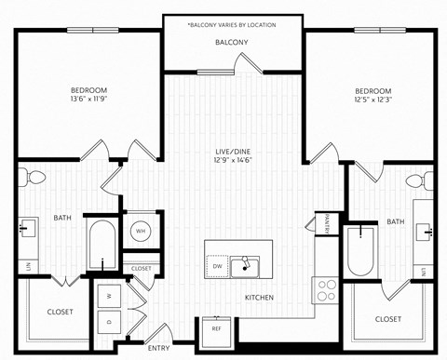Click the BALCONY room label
tap(232, 43)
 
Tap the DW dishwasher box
tap(217, 266)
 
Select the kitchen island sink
tap(247, 266)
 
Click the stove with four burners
tap(326, 290)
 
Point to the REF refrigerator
tap(216, 328)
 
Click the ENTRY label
tap(159, 349)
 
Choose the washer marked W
tap(108, 297)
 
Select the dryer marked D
tap(108, 322)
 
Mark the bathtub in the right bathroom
tap(360, 249)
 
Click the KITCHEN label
tap(259, 298)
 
